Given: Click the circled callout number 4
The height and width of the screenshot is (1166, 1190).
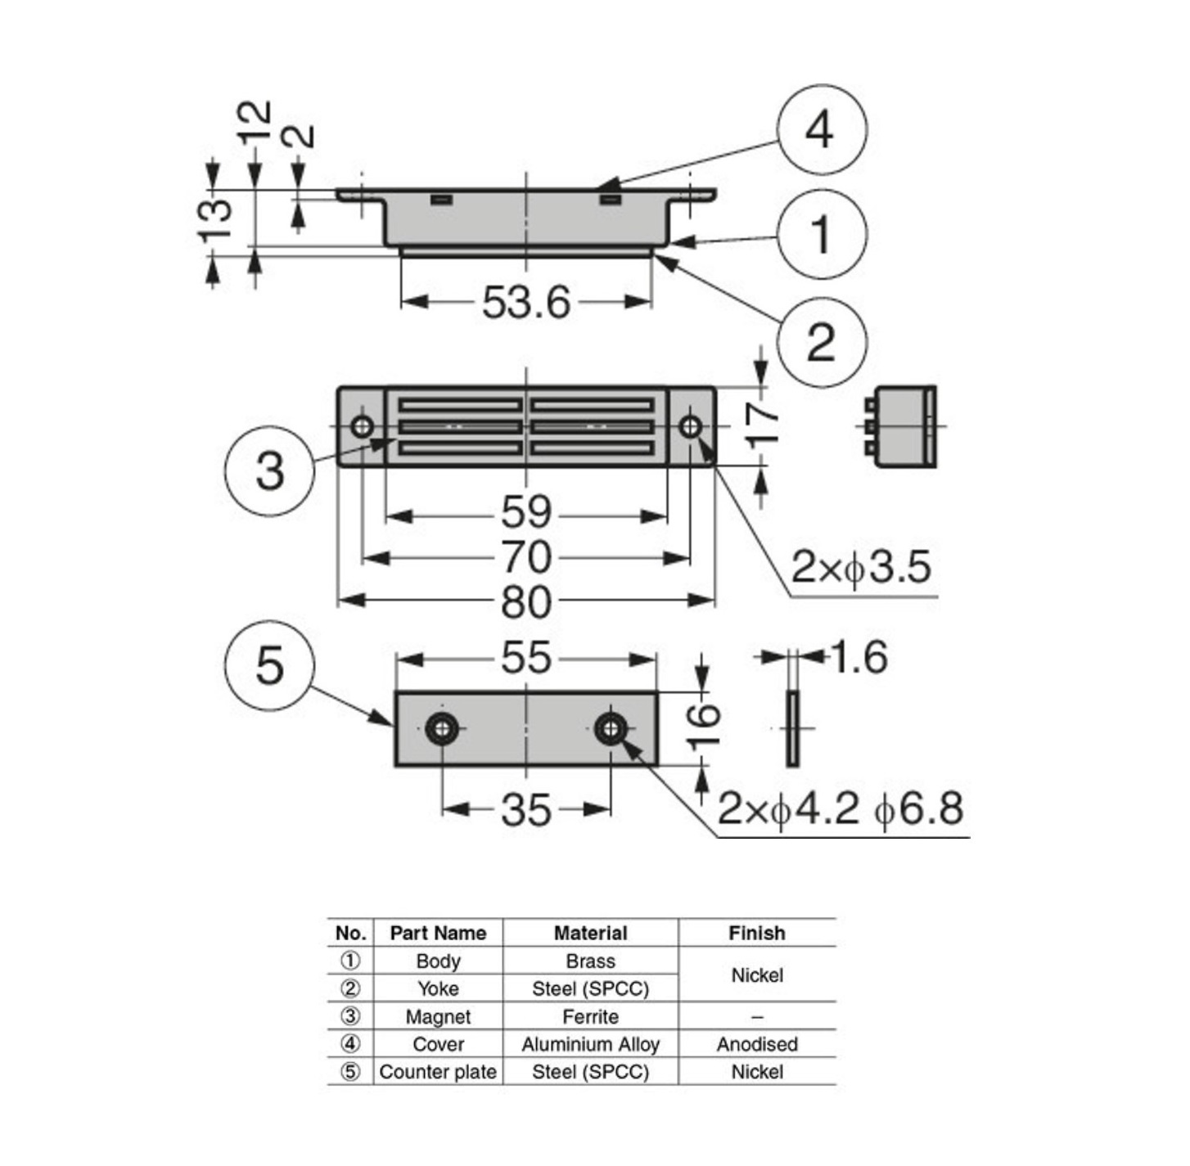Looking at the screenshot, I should click(820, 129).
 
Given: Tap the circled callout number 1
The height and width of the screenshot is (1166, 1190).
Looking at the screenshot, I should click(820, 235).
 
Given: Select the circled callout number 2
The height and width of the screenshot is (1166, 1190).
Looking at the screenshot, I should click(820, 341).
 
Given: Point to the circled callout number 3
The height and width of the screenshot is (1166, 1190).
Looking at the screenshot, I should click(269, 470).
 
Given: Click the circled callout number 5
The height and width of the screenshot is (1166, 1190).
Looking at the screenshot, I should click(269, 664).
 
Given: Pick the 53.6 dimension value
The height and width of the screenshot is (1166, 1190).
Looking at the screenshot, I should click(525, 303).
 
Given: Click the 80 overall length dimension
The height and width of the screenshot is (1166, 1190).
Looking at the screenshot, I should click(525, 602).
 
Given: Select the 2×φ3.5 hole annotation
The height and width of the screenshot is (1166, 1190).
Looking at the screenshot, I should click(861, 567).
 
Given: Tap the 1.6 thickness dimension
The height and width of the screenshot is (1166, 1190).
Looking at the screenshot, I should click(859, 657).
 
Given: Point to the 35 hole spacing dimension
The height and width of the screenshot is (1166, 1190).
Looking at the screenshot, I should click(525, 810).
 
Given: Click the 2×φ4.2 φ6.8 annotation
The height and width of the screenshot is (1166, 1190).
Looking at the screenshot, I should click(841, 809).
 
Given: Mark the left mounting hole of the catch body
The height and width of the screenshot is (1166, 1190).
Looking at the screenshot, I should click(362, 426).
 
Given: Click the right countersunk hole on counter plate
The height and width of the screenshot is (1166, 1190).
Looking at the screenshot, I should click(610, 727).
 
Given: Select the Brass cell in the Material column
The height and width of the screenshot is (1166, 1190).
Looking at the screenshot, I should click(590, 961).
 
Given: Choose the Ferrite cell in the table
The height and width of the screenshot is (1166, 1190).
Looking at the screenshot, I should click(590, 1016).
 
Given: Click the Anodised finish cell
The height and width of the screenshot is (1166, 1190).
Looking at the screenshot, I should click(757, 1044).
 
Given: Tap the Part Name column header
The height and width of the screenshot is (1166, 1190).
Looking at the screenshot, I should click(438, 933).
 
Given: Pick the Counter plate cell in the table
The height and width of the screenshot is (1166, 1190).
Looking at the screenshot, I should click(438, 1072).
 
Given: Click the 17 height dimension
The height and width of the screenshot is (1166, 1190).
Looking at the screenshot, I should click(763, 425).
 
